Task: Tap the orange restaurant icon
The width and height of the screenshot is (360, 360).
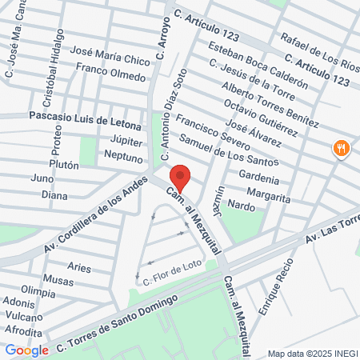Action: pyautogui.click(x=342, y=148)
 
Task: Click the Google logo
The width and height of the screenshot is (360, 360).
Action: pyautogui.click(x=26, y=350)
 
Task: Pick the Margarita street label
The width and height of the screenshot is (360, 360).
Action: pyautogui.click(x=269, y=193)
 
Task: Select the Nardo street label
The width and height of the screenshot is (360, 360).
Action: pyautogui.click(x=242, y=206)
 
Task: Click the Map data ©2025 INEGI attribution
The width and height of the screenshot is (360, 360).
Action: pyautogui.click(x=311, y=353)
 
